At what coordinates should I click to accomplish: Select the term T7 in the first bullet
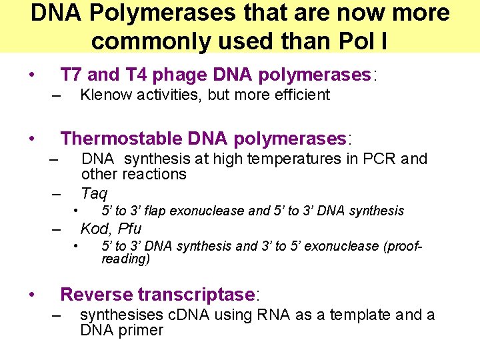point(71,74)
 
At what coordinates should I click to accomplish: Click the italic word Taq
point(94,193)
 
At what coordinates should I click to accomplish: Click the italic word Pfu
point(129,229)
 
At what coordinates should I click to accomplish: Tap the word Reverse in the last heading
point(96,294)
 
